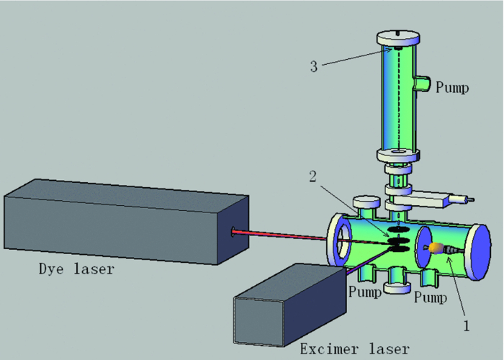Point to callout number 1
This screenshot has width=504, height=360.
(x=466, y=325)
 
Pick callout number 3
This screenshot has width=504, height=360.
(x=314, y=66)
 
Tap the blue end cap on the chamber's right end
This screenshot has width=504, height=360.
(x=480, y=251)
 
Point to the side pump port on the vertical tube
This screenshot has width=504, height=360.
(x=423, y=86)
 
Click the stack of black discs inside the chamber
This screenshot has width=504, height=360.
(x=397, y=240)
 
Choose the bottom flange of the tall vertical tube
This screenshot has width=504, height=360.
(x=397, y=154)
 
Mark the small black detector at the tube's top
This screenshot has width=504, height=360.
(x=397, y=50)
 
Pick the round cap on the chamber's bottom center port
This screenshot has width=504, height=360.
(x=397, y=288)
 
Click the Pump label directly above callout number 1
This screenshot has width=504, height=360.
(x=428, y=296)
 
